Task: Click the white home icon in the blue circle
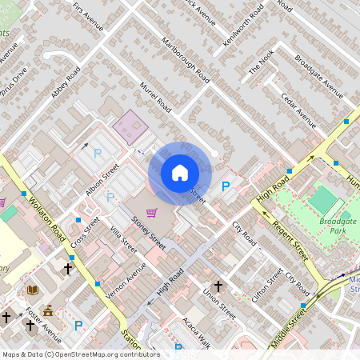pyautogui.click(x=179, y=173)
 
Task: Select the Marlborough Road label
pyautogui.click(x=185, y=60)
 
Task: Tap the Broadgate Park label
pyautogui.click(x=337, y=227)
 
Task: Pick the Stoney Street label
pyautogui.click(x=149, y=233)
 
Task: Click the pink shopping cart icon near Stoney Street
pyautogui.click(x=152, y=210)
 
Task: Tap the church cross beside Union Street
pyautogui.click(x=217, y=285)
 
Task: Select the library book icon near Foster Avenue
pyautogui.click(x=32, y=290)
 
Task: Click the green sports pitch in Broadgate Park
pyautogui.click(x=324, y=199)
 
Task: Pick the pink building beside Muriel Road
pyautogui.click(x=128, y=126)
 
